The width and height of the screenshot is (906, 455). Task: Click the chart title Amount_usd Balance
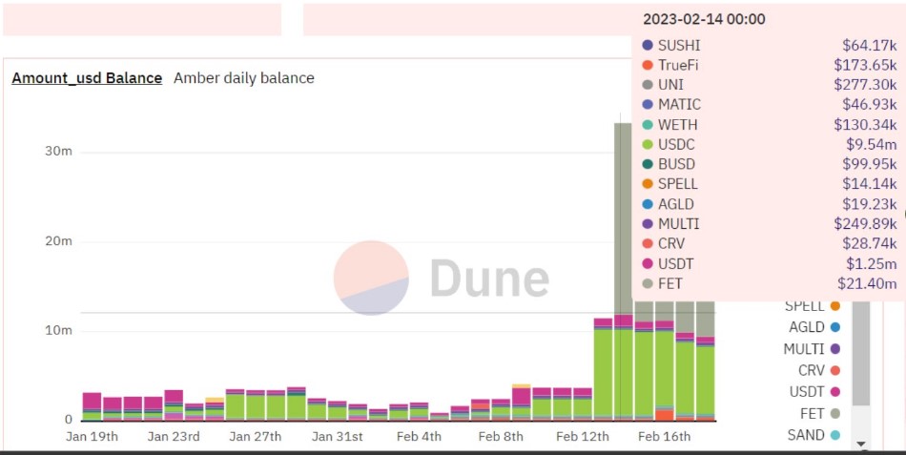pyautogui.click(x=87, y=78)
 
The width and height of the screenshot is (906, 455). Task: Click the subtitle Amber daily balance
pyautogui.click(x=244, y=78)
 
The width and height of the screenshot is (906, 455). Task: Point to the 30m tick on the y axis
pyautogui.click(x=58, y=152)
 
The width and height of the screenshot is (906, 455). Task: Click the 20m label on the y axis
pyautogui.click(x=58, y=241)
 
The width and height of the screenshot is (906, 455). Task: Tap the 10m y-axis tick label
pyautogui.click(x=58, y=331)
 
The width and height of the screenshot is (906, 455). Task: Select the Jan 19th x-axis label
pyautogui.click(x=93, y=437)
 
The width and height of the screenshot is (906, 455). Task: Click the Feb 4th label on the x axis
pyautogui.click(x=419, y=437)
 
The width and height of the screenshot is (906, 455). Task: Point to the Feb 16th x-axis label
pyautogui.click(x=664, y=437)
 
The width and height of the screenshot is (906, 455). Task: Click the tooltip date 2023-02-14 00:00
pyautogui.click(x=704, y=19)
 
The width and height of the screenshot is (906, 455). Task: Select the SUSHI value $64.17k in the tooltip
pyautogui.click(x=869, y=45)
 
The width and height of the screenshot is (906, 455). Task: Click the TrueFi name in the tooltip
pyautogui.click(x=679, y=65)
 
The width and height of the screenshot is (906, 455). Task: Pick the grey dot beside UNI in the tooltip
pyautogui.click(x=648, y=85)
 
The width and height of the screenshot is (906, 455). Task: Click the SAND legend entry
pyautogui.click(x=807, y=435)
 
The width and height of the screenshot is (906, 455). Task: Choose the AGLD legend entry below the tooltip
pyautogui.click(x=807, y=327)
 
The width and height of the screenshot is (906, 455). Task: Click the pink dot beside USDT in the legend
pyautogui.click(x=835, y=392)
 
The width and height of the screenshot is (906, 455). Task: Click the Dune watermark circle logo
pyautogui.click(x=371, y=278)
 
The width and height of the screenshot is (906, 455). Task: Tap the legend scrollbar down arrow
pyautogui.click(x=861, y=445)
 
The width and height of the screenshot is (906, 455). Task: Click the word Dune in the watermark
pyautogui.click(x=489, y=279)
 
